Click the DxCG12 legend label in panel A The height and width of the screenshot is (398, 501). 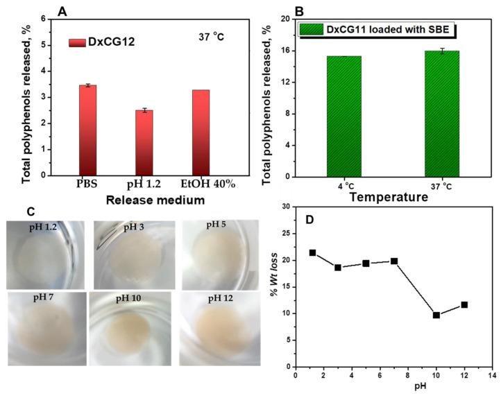coord(111,42)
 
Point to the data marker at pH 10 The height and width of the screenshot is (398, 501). coord(436,315)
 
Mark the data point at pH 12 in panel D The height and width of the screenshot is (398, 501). coord(464,304)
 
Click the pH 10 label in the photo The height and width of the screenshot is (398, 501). coord(133,299)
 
